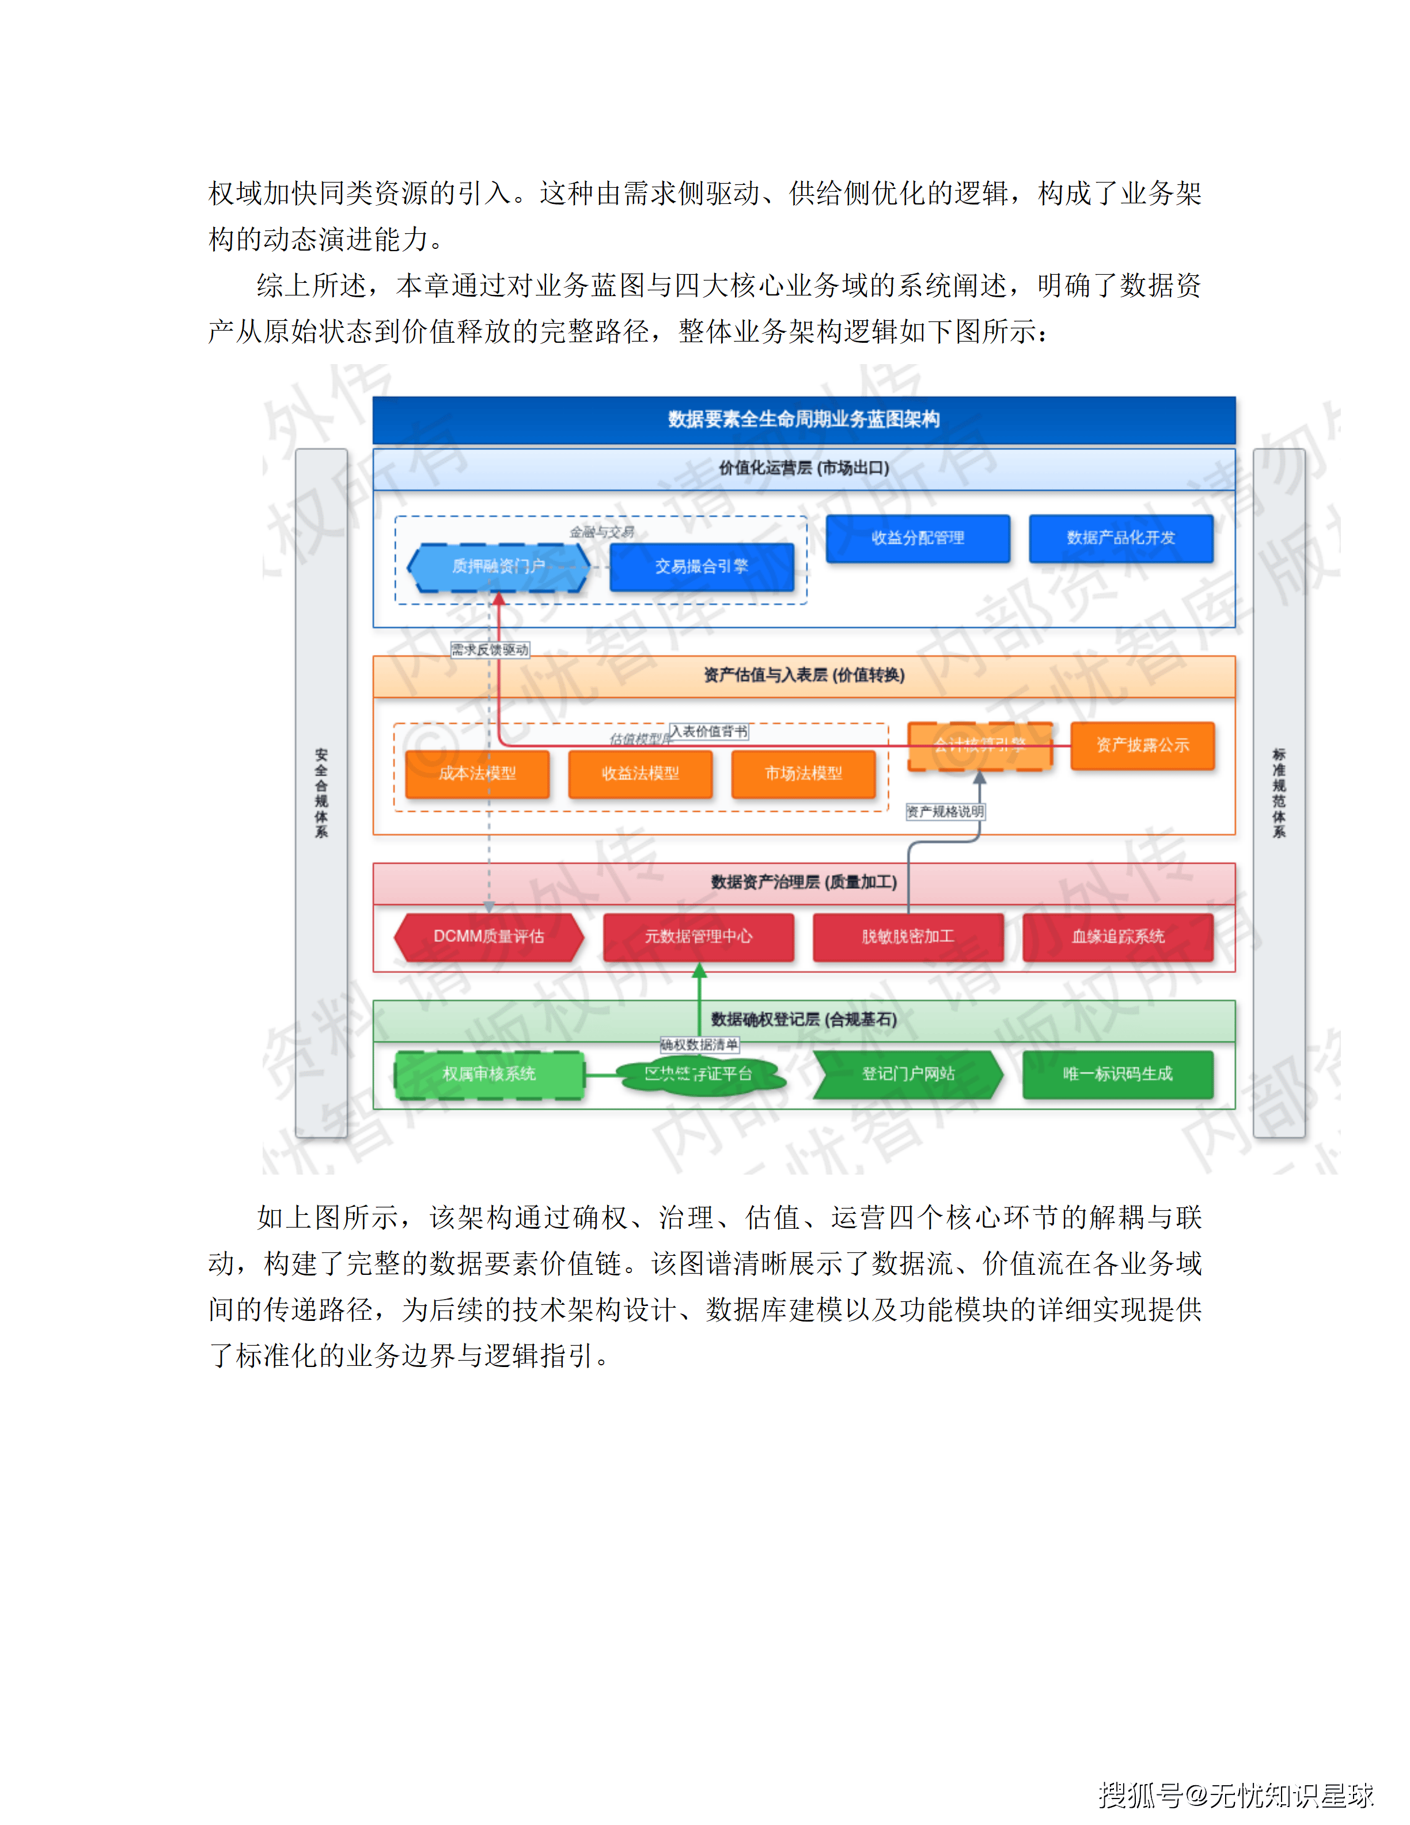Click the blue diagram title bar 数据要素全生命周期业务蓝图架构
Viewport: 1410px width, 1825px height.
click(x=803, y=419)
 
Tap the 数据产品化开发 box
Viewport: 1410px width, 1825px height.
click(x=1120, y=538)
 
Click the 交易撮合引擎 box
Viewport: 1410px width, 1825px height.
click(x=701, y=566)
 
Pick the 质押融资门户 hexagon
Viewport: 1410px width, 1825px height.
click(x=499, y=566)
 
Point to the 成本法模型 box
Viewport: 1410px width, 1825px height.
click(x=477, y=774)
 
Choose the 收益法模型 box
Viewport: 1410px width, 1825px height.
click(x=640, y=774)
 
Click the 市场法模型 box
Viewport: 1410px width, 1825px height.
click(x=803, y=774)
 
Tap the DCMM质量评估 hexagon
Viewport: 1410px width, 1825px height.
click(x=488, y=937)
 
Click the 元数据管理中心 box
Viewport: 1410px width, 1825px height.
click(x=698, y=937)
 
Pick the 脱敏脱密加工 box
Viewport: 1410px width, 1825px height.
click(x=908, y=937)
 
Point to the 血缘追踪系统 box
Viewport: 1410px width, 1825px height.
click(x=1117, y=937)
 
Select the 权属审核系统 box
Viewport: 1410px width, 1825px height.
click(x=488, y=1074)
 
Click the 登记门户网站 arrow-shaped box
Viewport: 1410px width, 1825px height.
click(x=908, y=1074)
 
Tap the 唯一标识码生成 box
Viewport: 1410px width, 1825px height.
click(x=1117, y=1074)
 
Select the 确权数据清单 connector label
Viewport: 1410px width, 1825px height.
click(x=699, y=1044)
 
